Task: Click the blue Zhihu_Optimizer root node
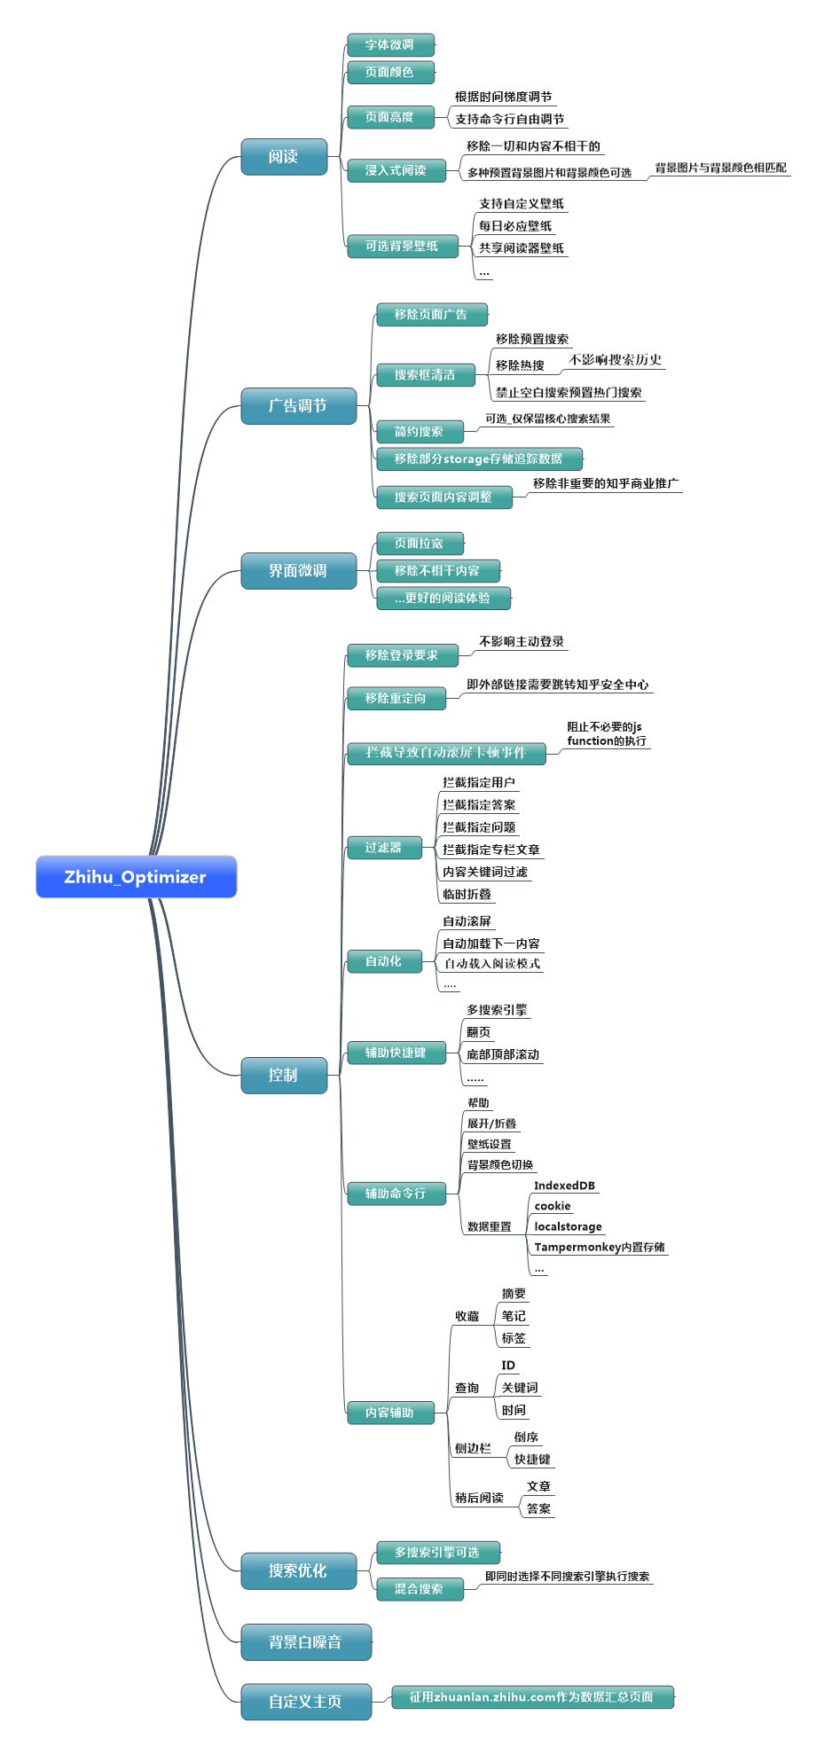[x=136, y=877]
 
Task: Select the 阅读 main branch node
[x=284, y=157]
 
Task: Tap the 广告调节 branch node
[x=298, y=406]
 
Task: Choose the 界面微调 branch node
[x=298, y=571]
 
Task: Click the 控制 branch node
[x=284, y=1075]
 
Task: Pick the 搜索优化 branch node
[x=298, y=1570]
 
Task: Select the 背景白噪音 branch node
[x=305, y=1642]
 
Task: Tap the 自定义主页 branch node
[x=305, y=1702]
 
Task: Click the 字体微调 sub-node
[x=390, y=44]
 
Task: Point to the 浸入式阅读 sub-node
[x=396, y=170]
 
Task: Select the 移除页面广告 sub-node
[x=431, y=315]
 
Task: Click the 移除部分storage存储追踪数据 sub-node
[x=479, y=459]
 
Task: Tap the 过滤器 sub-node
[x=383, y=848]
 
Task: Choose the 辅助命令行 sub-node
[x=396, y=1194]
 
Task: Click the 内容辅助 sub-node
[x=390, y=1413]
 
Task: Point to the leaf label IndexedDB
[x=564, y=1186]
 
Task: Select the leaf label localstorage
[x=568, y=1226]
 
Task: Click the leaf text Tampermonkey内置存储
[x=599, y=1247]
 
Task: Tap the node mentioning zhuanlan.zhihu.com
[x=531, y=1697]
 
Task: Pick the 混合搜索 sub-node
[x=419, y=1589]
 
